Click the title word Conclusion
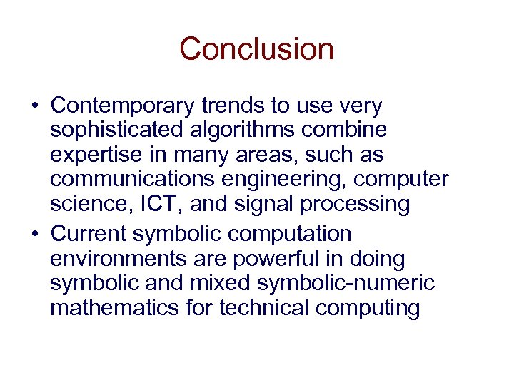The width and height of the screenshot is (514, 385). [x=256, y=49]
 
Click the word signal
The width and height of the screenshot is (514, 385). [x=259, y=204]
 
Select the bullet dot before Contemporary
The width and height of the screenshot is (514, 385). [x=35, y=106]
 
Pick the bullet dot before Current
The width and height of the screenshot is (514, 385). [x=35, y=234]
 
